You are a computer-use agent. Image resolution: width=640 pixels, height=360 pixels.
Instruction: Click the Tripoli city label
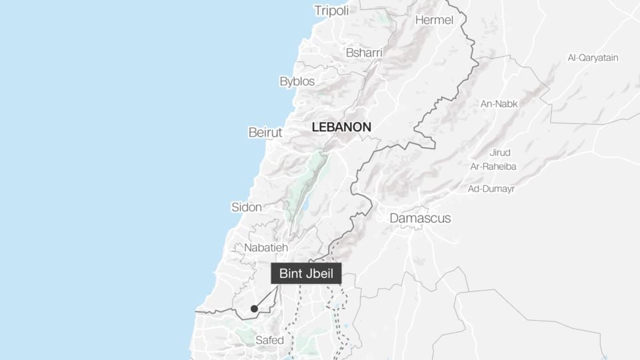pos(331,10)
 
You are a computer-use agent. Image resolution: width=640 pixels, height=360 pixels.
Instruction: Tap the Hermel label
pos(434,20)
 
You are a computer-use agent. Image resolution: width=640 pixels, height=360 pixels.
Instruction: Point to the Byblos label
pos(297,81)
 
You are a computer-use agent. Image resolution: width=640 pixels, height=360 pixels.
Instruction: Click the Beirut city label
pos(265,132)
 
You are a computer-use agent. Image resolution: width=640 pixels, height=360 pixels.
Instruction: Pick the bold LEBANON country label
pos(341,127)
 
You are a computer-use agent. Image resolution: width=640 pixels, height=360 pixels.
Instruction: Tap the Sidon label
pos(247,207)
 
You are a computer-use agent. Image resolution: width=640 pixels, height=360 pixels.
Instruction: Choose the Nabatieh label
pos(266,247)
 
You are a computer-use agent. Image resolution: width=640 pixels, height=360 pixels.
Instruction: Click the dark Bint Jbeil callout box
pos(306,273)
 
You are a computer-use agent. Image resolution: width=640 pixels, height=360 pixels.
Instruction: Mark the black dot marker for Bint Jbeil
pos(254,308)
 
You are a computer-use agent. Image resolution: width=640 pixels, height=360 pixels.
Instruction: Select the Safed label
pos(270,340)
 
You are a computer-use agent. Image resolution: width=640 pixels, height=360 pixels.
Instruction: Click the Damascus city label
pos(420,218)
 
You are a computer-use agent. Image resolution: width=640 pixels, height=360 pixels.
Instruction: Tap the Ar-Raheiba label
pos(493,166)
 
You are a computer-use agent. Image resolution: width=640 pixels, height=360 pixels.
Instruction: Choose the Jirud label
pos(499,152)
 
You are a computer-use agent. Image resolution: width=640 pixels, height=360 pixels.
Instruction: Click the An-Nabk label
pos(499,103)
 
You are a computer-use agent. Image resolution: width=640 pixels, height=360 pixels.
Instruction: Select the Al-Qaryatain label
pos(593,57)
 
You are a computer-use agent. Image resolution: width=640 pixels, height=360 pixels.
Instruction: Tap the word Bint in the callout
pos(291,273)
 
